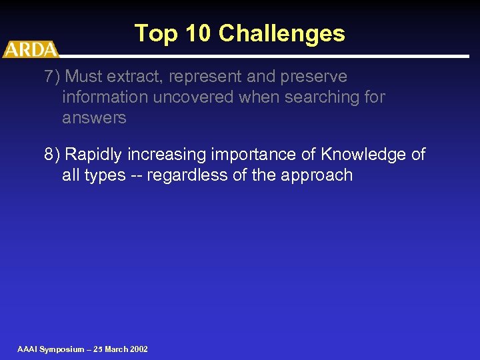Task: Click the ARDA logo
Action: click(31, 49)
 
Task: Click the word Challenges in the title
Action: click(281, 33)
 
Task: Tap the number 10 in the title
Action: click(199, 33)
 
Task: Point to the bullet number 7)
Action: click(52, 77)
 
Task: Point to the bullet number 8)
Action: click(52, 155)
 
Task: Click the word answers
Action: click(94, 118)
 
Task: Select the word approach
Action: click(319, 175)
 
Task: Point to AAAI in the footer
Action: click(27, 349)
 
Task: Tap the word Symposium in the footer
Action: click(62, 349)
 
